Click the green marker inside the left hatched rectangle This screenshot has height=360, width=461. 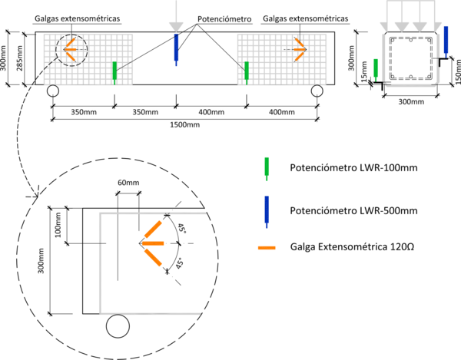[x=114, y=71]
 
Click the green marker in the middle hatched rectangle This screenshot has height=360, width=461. [x=246, y=71]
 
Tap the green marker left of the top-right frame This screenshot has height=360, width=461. [x=375, y=68]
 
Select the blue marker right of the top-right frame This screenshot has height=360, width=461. [x=446, y=40]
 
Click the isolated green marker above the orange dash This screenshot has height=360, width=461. [x=267, y=167]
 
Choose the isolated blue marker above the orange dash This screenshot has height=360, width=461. [x=267, y=210]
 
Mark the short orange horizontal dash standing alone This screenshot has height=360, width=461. [x=267, y=248]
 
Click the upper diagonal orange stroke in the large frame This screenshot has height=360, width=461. [x=153, y=230]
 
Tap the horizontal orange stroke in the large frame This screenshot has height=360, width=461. [x=154, y=243]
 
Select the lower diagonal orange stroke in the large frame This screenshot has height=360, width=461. [x=153, y=257]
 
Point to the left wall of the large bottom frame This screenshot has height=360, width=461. [x=101, y=265]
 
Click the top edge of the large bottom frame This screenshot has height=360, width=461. [x=154, y=213]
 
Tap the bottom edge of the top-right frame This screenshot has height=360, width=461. [x=410, y=84]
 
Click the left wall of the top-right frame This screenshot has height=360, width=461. [x=383, y=58]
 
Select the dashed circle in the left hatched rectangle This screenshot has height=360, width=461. [x=71, y=51]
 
